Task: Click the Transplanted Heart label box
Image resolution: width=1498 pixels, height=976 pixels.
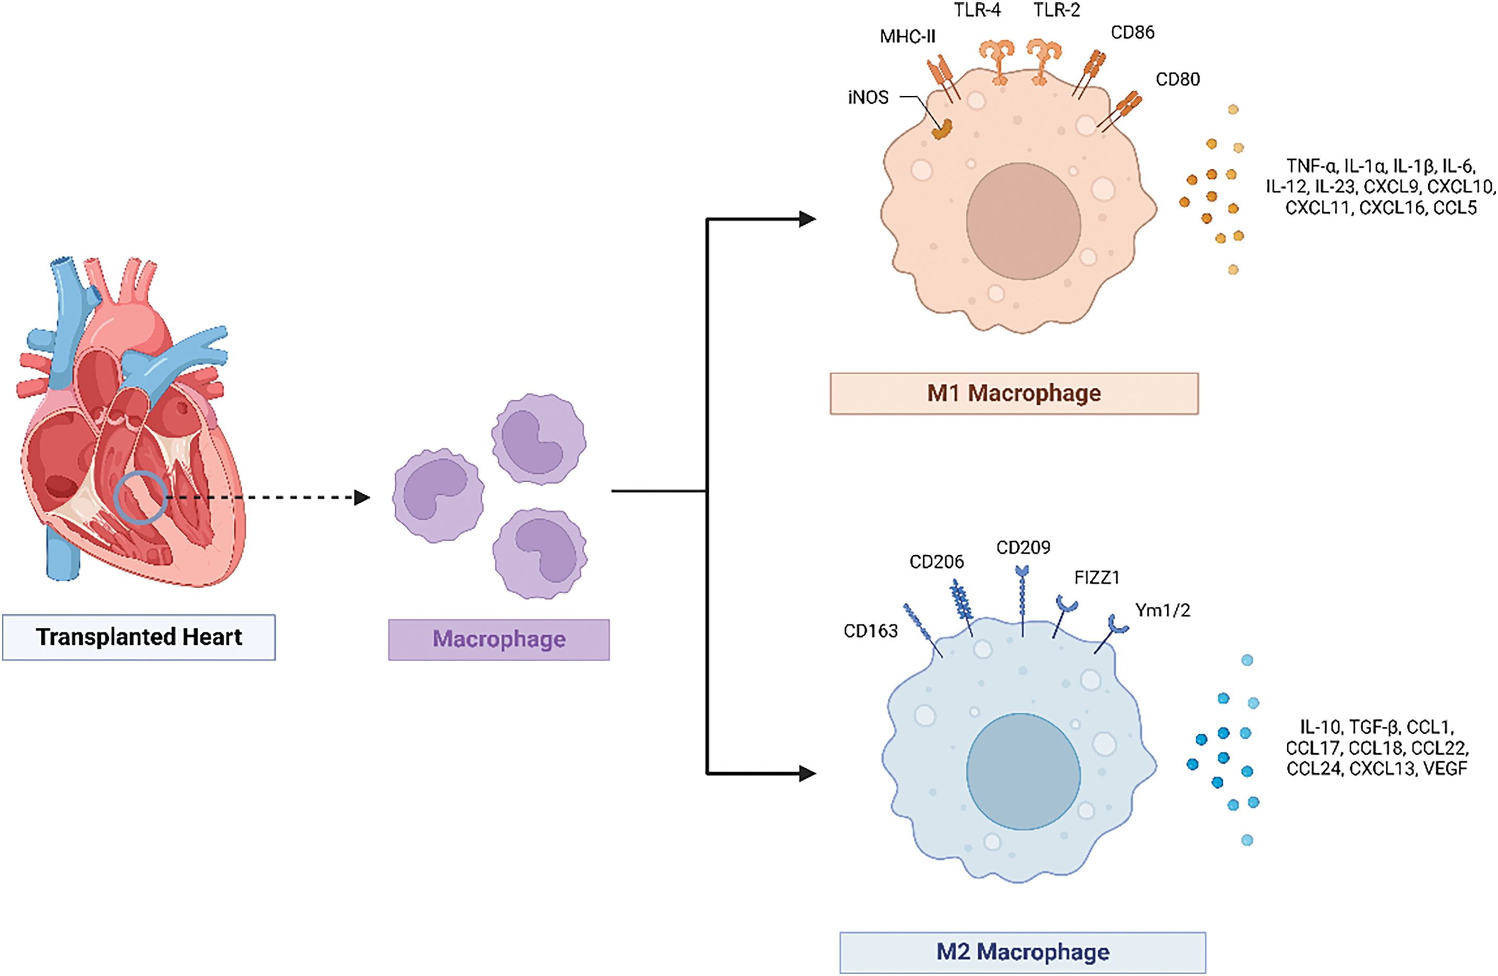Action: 139,637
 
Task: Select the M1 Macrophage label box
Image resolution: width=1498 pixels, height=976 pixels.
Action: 1014,393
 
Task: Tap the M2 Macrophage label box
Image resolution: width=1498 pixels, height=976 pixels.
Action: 1023,952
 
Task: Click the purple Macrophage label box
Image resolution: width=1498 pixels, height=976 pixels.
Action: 499,639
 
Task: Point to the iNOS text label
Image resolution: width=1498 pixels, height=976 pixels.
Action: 868,97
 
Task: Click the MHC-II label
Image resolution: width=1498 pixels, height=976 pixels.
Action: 908,37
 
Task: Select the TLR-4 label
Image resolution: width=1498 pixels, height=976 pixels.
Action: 977,10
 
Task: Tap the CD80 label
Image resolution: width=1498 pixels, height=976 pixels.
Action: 1178,79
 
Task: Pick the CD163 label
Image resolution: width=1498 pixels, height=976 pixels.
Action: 871,631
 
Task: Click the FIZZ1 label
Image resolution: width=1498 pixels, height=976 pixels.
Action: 1097,578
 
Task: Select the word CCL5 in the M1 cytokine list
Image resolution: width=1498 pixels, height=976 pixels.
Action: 1454,208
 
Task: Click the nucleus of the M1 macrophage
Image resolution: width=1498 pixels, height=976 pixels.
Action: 1024,221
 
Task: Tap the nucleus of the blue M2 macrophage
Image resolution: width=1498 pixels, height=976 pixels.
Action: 1024,772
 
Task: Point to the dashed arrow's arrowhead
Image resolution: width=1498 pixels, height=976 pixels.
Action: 362,498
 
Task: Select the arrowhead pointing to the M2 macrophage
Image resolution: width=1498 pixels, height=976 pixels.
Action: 808,773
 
